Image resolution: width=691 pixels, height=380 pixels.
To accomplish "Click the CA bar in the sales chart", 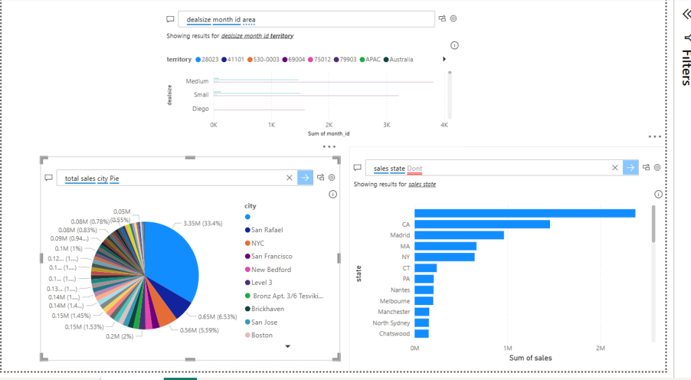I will tap(482, 224).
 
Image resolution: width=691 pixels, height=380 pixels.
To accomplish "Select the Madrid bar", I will tap(459, 235).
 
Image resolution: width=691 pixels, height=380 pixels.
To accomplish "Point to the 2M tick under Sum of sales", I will tap(600, 348).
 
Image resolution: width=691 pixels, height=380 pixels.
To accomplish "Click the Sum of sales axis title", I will tap(530, 358).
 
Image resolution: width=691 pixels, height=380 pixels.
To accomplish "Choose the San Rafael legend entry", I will tap(267, 230).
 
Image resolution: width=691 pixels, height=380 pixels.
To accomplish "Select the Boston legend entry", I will tap(262, 335).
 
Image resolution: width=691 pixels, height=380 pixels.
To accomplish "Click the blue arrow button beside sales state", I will tap(630, 168).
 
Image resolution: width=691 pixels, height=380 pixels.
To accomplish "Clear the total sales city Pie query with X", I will tap(289, 178).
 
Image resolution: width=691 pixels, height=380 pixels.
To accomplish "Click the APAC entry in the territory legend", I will tap(372, 59).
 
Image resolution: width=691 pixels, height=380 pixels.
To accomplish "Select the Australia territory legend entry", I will tap(401, 59).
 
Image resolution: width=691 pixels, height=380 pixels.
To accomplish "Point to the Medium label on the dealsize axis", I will tap(197, 82).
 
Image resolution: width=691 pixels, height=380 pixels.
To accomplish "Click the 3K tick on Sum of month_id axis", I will tap(386, 125).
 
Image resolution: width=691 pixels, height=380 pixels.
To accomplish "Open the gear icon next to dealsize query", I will tap(453, 18).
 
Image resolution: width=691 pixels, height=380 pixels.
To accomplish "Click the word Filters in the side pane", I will tap(684, 67).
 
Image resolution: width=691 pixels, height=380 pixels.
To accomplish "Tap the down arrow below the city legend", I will tap(288, 346).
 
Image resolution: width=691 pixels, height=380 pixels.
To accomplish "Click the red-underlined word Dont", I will tap(414, 168).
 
